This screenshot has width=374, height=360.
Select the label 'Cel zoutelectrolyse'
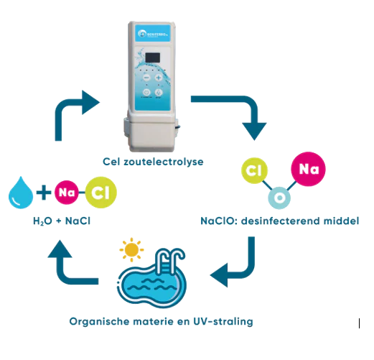click(154, 162)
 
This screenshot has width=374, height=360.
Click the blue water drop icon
click(19, 193)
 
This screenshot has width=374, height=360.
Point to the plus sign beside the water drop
click(44, 193)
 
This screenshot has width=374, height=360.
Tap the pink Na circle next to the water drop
click(67, 193)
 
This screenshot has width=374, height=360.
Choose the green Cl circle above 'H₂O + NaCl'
click(99, 193)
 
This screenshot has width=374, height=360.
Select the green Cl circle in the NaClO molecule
click(253, 171)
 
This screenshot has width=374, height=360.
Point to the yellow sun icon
click(131, 250)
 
